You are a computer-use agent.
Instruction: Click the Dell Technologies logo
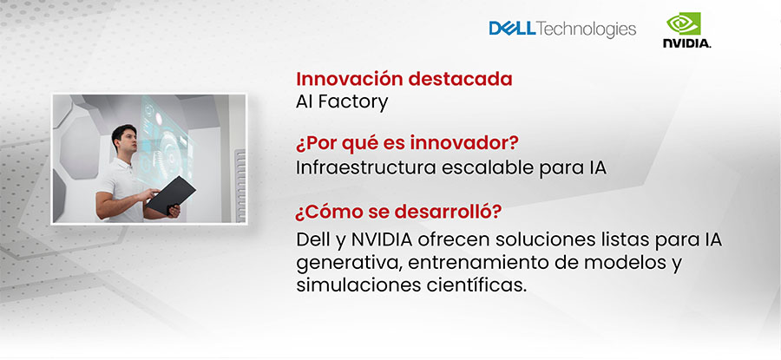coord(562,29)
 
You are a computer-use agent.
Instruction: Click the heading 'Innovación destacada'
coord(404,79)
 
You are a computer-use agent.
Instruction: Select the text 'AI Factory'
coord(342,102)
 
